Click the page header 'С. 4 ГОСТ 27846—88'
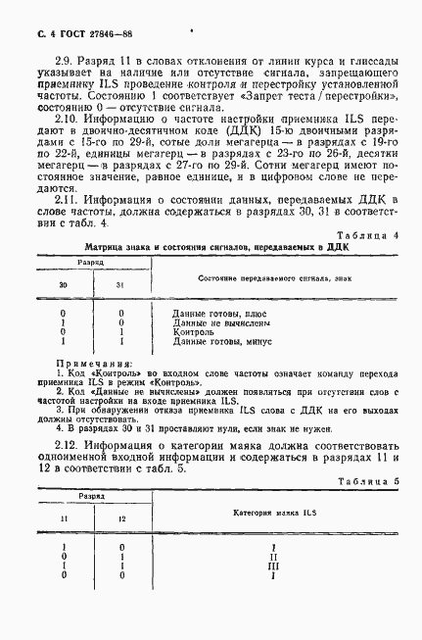tap(63, 37)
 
